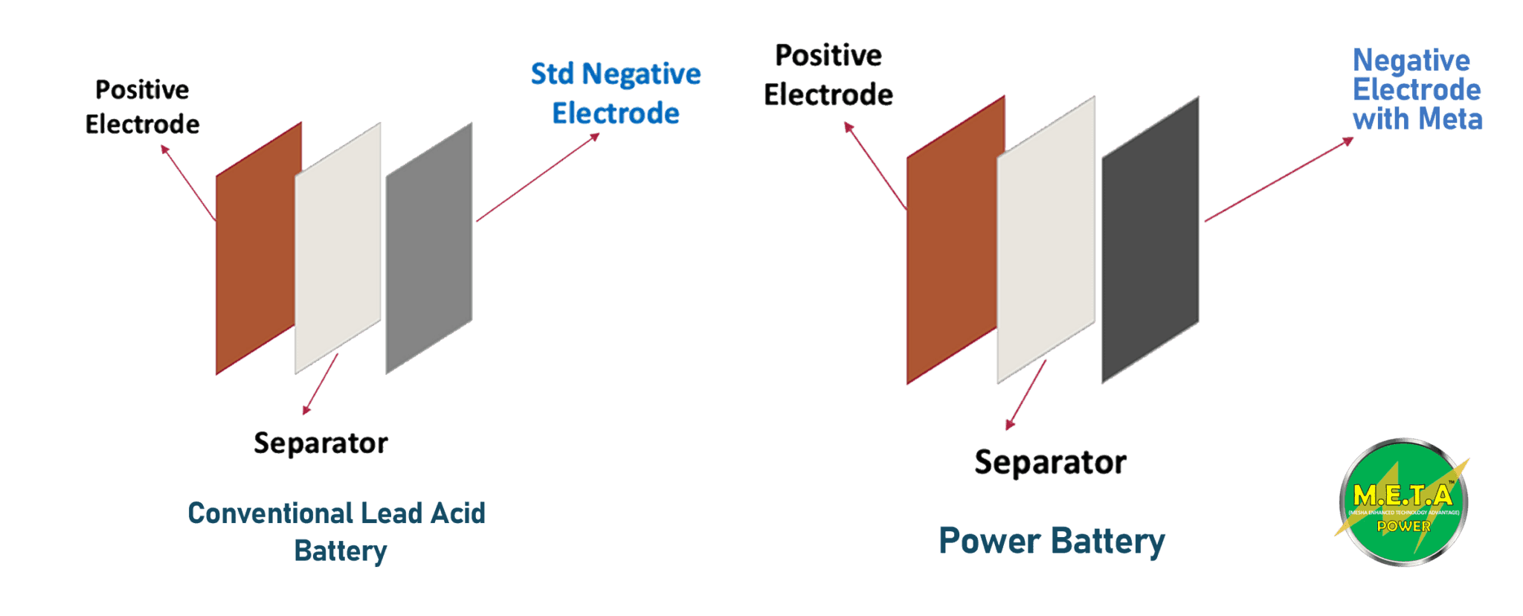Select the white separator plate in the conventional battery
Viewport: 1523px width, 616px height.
[x=338, y=249]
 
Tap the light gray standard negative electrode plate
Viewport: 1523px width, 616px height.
[x=429, y=249]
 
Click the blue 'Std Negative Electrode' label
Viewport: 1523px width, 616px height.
[x=616, y=94]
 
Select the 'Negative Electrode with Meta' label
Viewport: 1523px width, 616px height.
[x=1417, y=90]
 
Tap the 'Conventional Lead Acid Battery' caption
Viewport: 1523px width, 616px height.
[x=338, y=531]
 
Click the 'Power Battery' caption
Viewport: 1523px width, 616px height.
[x=1051, y=541]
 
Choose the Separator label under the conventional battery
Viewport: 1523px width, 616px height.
[x=321, y=443]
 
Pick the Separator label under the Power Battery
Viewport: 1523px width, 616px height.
[x=1050, y=462]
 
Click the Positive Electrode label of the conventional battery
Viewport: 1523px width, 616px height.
[x=142, y=107]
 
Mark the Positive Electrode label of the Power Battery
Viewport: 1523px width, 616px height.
[x=828, y=75]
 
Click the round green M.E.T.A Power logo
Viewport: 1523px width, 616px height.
[x=1403, y=502]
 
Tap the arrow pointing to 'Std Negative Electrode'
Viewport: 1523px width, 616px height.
[x=538, y=178]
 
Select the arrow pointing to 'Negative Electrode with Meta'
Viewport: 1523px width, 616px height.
[x=1279, y=179]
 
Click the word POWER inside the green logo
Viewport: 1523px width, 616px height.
[x=1403, y=526]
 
